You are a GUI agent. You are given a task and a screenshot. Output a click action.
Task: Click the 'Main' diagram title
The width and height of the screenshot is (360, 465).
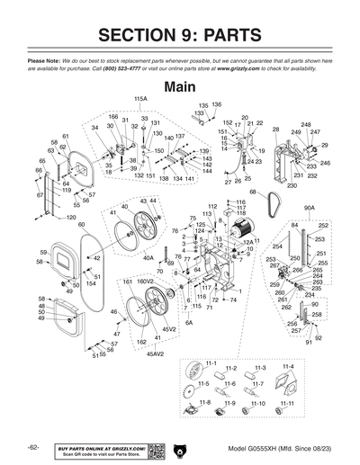[181, 87]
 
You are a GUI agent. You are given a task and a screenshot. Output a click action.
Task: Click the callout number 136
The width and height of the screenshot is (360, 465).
[216, 105]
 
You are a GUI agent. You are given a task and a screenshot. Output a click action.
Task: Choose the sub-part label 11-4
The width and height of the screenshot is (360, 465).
[288, 368]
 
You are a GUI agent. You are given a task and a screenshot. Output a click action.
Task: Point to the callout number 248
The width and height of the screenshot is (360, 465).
[306, 125]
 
